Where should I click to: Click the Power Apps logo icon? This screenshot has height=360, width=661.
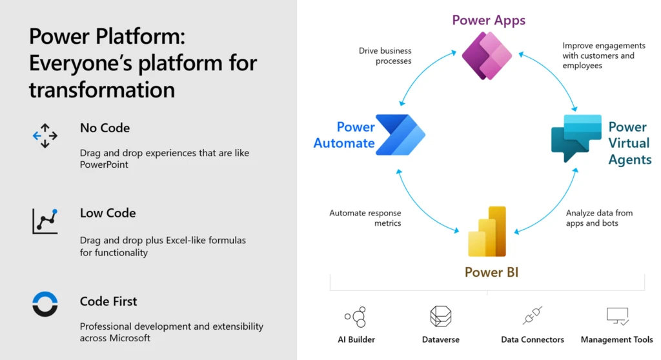click(487, 55)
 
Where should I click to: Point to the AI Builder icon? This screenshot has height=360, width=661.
click(356, 317)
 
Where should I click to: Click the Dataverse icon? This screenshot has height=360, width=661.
click(440, 316)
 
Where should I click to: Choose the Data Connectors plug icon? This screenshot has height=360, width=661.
click(532, 315)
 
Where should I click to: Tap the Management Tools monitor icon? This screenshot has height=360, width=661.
click(616, 316)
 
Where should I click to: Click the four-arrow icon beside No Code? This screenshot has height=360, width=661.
click(45, 135)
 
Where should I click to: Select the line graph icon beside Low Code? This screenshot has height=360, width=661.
click(45, 221)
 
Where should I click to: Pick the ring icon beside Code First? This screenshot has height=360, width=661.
click(45, 304)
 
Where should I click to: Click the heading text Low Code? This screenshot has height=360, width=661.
click(108, 213)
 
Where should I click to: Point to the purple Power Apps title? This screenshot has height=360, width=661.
click(489, 20)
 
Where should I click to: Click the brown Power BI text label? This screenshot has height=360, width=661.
click(491, 272)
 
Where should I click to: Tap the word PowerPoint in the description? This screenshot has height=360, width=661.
click(104, 165)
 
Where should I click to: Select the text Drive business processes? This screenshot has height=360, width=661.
click(385, 56)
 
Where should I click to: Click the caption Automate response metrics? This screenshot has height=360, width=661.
click(365, 218)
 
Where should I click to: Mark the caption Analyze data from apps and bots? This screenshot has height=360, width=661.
click(598, 218)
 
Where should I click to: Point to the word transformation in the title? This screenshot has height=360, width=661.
click(102, 89)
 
